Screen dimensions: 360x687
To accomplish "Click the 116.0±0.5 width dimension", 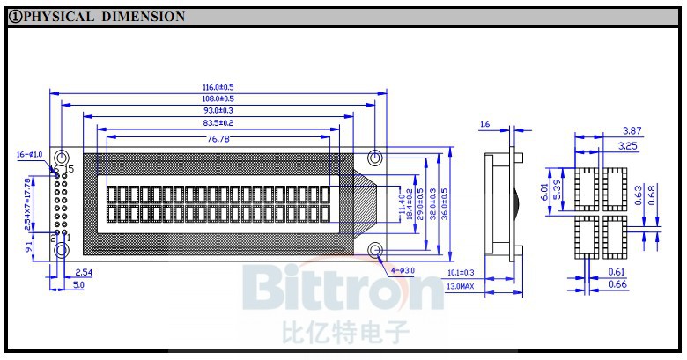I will pyautogui.click(x=218, y=87).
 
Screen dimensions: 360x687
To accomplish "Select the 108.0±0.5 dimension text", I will pyautogui.click(x=218, y=99).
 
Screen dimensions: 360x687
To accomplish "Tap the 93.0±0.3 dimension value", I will pyautogui.click(x=218, y=112).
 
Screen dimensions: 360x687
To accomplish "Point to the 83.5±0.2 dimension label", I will pyautogui.click(x=218, y=124).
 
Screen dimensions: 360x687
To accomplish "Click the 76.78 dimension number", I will pyautogui.click(x=218, y=139).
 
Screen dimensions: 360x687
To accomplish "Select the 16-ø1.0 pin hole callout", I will pyautogui.click(x=29, y=155).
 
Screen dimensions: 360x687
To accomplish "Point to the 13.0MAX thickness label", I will pyautogui.click(x=461, y=287).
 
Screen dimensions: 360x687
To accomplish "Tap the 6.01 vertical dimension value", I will pyautogui.click(x=545, y=192).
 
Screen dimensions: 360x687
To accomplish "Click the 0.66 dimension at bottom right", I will pyautogui.click(x=618, y=284).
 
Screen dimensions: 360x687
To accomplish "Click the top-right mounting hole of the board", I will pyautogui.click(x=375, y=158).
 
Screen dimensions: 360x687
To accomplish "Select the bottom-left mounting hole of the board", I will pyautogui.click(x=61, y=252).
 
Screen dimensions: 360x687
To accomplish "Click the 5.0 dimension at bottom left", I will pyautogui.click(x=78, y=285).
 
